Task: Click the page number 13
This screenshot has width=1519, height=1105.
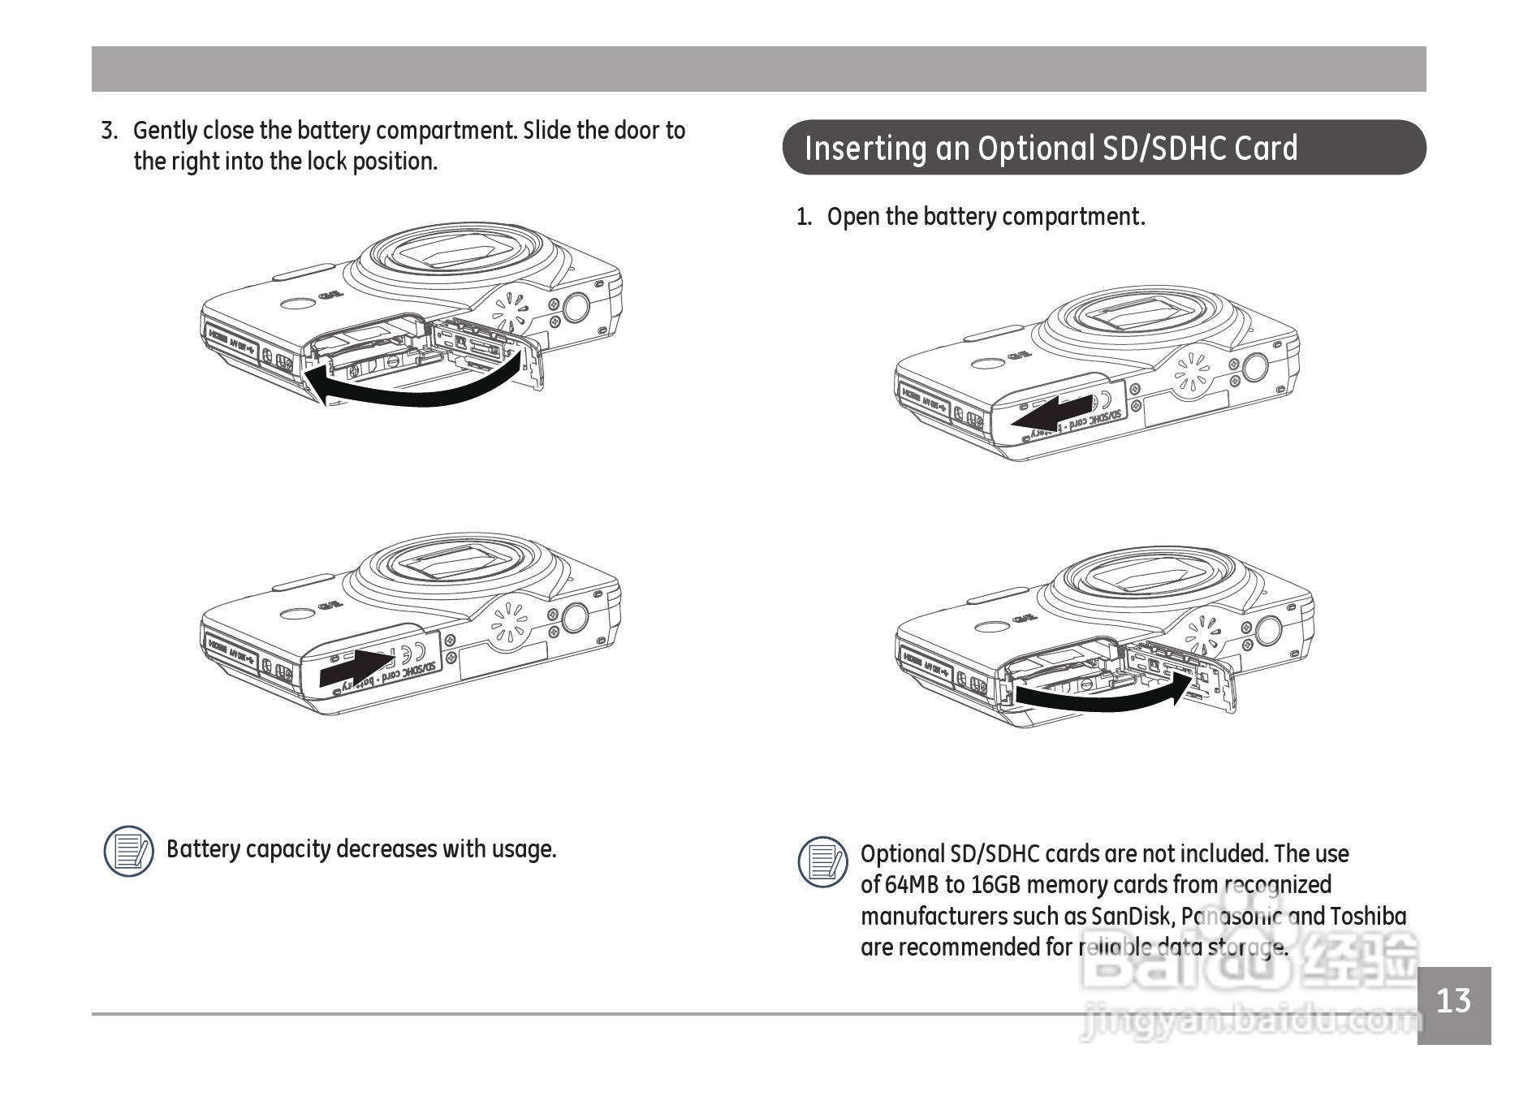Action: click(1453, 1001)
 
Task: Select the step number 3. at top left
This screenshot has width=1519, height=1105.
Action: click(110, 131)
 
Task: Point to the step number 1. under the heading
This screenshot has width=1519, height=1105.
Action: click(804, 218)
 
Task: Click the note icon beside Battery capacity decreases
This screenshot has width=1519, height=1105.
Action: click(128, 851)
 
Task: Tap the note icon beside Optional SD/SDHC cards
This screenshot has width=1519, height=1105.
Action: click(822, 861)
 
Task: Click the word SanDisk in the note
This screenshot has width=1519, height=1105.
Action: click(1130, 917)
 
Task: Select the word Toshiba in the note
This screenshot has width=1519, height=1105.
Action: click(1368, 917)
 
